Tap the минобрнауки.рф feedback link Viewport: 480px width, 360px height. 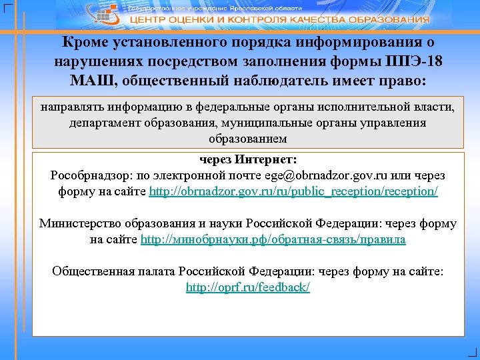pyautogui.click(x=273, y=239)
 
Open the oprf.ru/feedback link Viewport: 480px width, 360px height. pyautogui.click(x=248, y=287)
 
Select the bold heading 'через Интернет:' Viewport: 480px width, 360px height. pyautogui.click(x=248, y=160)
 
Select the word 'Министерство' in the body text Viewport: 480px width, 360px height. pyautogui.click(x=82, y=223)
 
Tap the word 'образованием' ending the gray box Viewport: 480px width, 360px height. pyautogui.click(x=248, y=139)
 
